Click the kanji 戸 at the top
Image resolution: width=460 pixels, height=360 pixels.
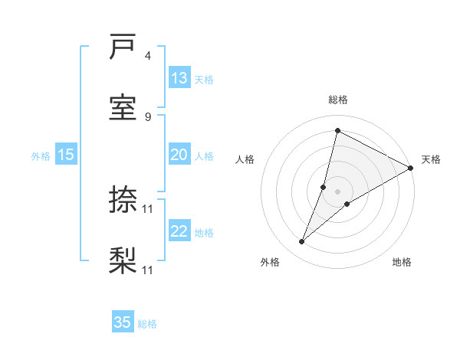tap(123, 48)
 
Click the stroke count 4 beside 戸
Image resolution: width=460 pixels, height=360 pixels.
tap(148, 56)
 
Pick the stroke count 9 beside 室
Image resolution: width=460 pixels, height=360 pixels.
tap(148, 116)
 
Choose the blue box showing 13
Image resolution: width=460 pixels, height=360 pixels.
tap(179, 77)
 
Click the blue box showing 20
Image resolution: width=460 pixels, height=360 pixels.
tap(179, 155)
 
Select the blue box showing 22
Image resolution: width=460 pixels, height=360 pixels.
tap(179, 231)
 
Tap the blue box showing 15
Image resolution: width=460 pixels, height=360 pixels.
tap(66, 155)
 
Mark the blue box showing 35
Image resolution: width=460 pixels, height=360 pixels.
tap(123, 322)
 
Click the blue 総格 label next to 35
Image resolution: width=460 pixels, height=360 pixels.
tap(147, 324)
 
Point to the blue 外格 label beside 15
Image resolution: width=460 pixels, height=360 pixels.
tap(41, 156)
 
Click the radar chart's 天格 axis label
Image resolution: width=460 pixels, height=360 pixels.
tap(431, 159)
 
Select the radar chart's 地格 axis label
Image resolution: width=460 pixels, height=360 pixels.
tap(402, 262)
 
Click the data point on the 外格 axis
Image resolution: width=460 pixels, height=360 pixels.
tap(302, 242)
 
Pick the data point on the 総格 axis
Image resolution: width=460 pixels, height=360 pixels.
tap(337, 130)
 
